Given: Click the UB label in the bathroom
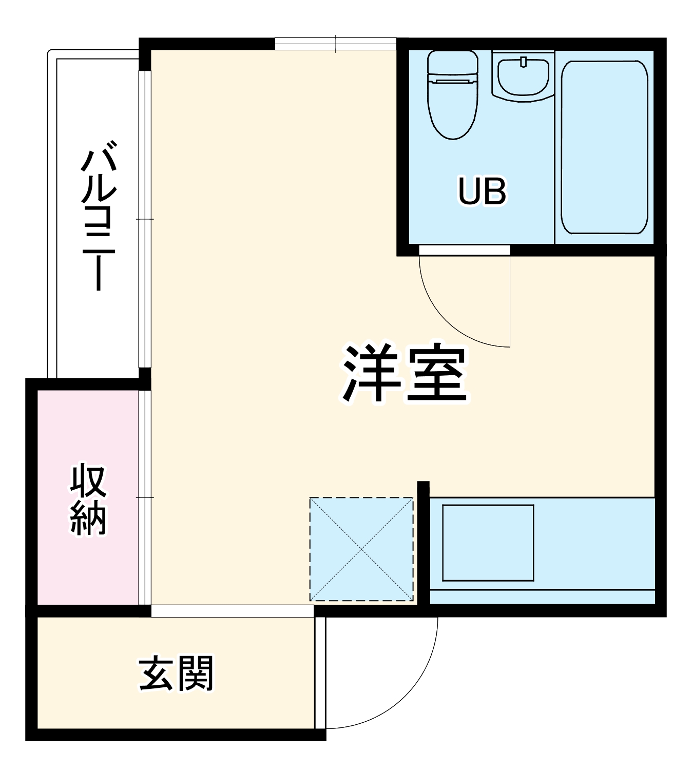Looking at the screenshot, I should click(482, 191).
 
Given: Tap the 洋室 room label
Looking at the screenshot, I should click(405, 373).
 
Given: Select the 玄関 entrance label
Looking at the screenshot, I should click(176, 673).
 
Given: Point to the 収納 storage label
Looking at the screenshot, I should click(88, 499).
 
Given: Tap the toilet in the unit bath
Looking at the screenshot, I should click(453, 103).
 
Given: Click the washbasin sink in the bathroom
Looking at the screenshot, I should click(523, 77).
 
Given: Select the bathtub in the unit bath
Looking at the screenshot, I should click(604, 147).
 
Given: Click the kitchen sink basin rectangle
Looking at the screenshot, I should click(488, 543).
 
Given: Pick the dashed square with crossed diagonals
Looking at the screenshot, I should click(361, 549).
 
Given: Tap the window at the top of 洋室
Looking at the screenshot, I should click(335, 44).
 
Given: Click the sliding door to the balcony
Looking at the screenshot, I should click(145, 219).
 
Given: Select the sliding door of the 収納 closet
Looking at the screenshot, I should click(145, 497).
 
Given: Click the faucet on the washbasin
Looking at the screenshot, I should click(523, 62).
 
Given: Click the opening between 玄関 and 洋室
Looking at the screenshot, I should click(233, 610).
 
